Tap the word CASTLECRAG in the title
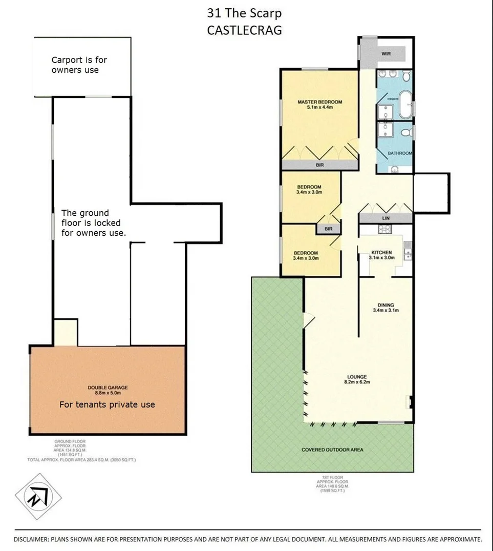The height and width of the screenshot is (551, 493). tap(244, 30)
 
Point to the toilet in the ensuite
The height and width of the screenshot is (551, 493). tap(406, 77)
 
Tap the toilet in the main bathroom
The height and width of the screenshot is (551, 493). tap(405, 133)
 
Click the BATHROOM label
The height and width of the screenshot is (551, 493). tap(399, 153)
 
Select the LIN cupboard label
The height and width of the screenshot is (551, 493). tap(385, 218)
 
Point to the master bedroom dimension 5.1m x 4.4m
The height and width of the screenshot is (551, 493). tap(319, 108)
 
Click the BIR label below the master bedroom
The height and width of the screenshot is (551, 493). tap(319, 165)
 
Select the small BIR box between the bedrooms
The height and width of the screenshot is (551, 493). tap(328, 229)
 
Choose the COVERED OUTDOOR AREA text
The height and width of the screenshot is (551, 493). tap(332, 450)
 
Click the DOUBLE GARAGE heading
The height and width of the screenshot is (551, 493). tap(108, 387)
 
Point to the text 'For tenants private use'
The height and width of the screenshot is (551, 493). tap(107, 404)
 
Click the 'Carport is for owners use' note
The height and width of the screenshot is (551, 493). tap(79, 65)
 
